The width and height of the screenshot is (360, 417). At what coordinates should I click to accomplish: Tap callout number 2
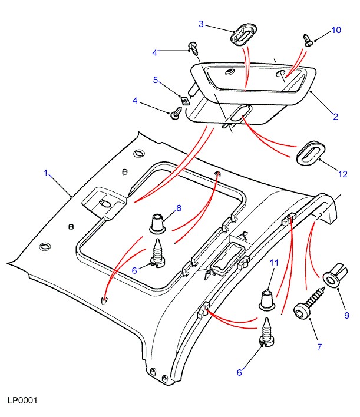(x=335, y=117)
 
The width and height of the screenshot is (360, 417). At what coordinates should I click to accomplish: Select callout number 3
(x=201, y=24)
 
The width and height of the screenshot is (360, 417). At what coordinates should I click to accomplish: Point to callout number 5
(x=156, y=80)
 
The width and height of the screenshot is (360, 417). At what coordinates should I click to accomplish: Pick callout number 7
(x=319, y=347)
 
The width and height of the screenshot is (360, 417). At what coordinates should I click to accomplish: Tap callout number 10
(x=336, y=30)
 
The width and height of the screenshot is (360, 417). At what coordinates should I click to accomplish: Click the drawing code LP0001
(x=22, y=401)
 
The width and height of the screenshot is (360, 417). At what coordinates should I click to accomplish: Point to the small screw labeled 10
(x=308, y=40)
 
